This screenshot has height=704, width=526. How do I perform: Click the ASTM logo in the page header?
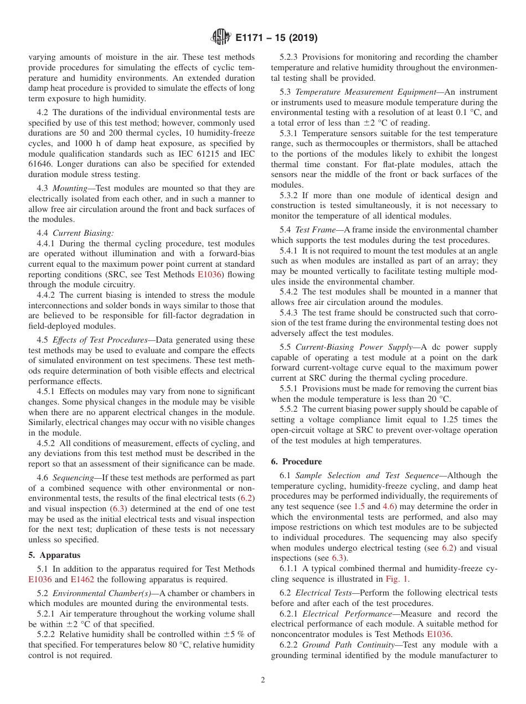[221, 38]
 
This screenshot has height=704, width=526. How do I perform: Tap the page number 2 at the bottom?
[263, 680]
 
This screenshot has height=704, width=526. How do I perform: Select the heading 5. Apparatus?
[54, 555]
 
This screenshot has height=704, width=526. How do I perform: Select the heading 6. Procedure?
[302, 462]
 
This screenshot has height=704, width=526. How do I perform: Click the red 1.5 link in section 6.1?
[374, 506]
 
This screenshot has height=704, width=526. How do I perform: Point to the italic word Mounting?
[70, 188]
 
